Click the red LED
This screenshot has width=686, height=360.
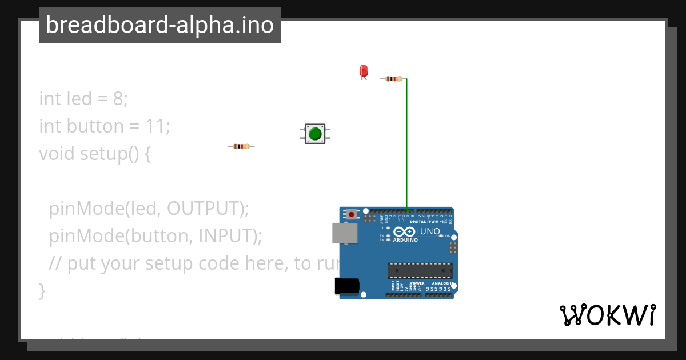pyautogui.click(x=364, y=70)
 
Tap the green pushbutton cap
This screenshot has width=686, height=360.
pyautogui.click(x=315, y=134)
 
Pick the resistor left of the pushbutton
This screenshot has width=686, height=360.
pyautogui.click(x=241, y=146)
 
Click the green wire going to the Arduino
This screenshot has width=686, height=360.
pyautogui.click(x=407, y=143)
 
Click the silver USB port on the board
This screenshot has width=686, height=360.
pyautogui.click(x=345, y=233)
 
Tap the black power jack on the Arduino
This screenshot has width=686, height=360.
pyautogui.click(x=346, y=286)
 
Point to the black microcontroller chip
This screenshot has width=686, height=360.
pyautogui.click(x=420, y=270)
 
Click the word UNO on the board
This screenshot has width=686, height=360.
pyautogui.click(x=430, y=231)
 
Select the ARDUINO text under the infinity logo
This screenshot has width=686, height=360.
pyautogui.click(x=405, y=240)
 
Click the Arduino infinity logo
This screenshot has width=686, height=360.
pyautogui.click(x=405, y=232)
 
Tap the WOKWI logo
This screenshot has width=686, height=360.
pyautogui.click(x=607, y=315)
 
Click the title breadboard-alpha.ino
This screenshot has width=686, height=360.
pyautogui.click(x=160, y=25)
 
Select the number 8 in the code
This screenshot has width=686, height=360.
pyautogui.click(x=118, y=99)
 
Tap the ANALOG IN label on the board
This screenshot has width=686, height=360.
pyautogui.click(x=440, y=283)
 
